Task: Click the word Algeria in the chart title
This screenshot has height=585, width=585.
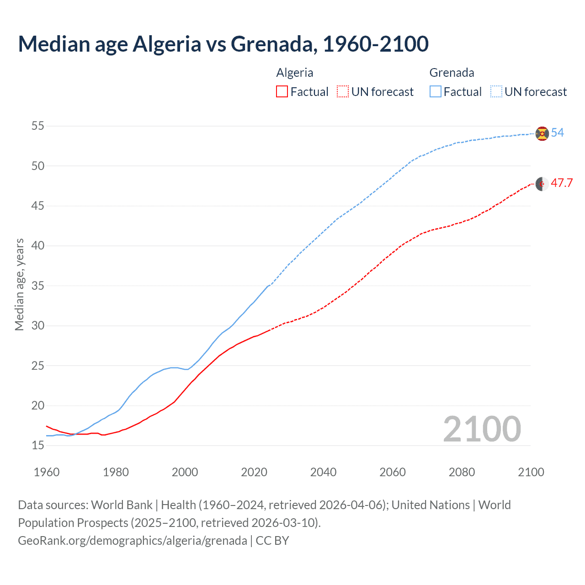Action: pyautogui.click(x=166, y=44)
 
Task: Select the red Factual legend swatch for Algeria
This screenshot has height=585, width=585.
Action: pyautogui.click(x=282, y=92)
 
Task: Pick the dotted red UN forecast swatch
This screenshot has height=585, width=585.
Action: pyautogui.click(x=343, y=92)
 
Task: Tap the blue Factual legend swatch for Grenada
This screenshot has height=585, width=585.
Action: pyautogui.click(x=436, y=92)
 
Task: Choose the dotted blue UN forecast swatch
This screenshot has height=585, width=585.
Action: pyautogui.click(x=496, y=92)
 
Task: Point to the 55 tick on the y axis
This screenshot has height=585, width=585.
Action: pyautogui.click(x=38, y=126)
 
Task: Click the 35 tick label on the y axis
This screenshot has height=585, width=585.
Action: pyautogui.click(x=38, y=286)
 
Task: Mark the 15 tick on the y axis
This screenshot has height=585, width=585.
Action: pyautogui.click(x=38, y=445)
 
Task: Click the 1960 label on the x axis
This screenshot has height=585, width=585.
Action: pyautogui.click(x=47, y=472)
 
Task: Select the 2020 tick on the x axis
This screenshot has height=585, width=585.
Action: pyautogui.click(x=254, y=472)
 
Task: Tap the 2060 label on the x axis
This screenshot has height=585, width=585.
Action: pyautogui.click(x=393, y=472)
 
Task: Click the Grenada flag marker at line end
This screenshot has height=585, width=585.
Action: pyautogui.click(x=542, y=133)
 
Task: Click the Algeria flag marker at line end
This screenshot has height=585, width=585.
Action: pyautogui.click(x=542, y=184)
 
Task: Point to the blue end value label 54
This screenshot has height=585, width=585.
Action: pyautogui.click(x=558, y=133)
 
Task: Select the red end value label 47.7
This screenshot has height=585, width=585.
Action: pyautogui.click(x=562, y=183)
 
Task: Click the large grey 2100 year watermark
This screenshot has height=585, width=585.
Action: pyautogui.click(x=482, y=429)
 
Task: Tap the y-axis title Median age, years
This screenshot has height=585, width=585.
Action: pyautogui.click(x=19, y=284)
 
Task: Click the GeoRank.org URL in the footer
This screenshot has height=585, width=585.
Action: pyautogui.click(x=133, y=541)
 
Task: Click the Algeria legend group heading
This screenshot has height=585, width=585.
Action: pyautogui.click(x=295, y=73)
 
